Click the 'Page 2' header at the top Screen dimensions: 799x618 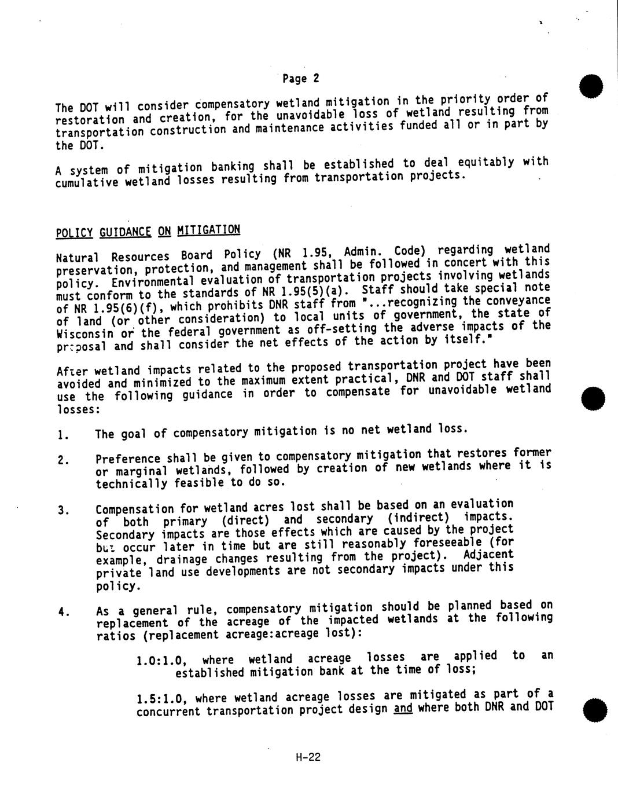[x=301, y=78]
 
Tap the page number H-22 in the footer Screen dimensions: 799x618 [x=307, y=757]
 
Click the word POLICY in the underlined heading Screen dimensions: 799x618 [x=75, y=233]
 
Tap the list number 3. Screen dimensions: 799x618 [x=62, y=511]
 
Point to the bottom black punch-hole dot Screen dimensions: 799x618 [x=594, y=710]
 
